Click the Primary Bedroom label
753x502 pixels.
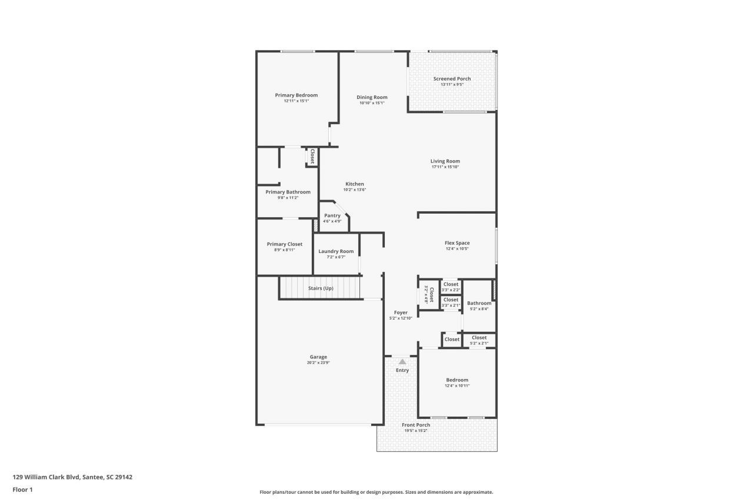[x=296, y=95]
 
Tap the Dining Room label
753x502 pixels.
[x=372, y=97]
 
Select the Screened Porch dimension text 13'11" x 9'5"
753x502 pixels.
[x=452, y=85]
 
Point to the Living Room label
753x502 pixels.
[x=445, y=161]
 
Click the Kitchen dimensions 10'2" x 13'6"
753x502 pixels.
[x=354, y=190]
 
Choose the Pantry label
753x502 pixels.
[x=332, y=215]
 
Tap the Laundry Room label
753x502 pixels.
[x=336, y=251]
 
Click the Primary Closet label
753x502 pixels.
[x=284, y=244]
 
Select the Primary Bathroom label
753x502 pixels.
[x=288, y=192]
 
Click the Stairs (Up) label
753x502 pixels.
[x=321, y=288]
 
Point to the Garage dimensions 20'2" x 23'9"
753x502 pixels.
[x=318, y=363]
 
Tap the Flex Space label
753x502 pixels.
[x=457, y=242]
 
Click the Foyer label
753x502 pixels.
[x=401, y=312]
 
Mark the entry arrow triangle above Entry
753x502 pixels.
[x=402, y=362]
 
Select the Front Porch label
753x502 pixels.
[x=415, y=425]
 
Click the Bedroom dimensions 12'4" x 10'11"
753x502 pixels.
[x=457, y=386]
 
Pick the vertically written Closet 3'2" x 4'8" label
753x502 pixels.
[x=429, y=294]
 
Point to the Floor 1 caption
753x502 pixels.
[x=22, y=490]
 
